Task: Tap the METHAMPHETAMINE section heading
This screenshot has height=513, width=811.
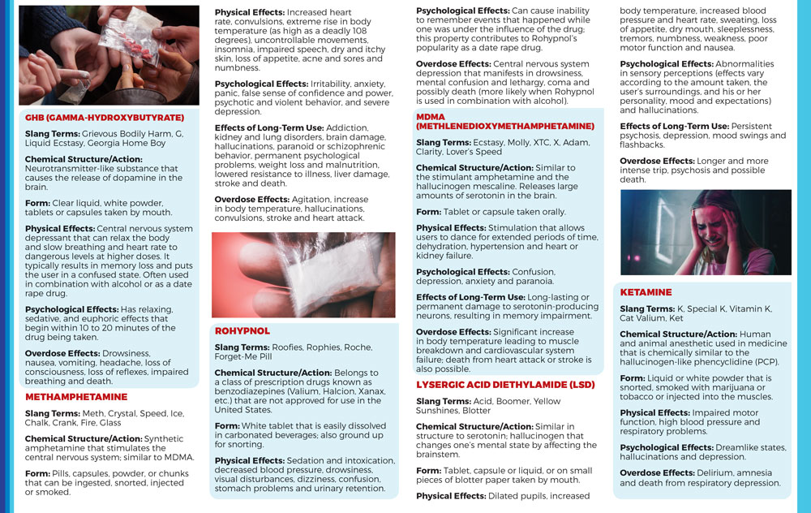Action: tap(76, 397)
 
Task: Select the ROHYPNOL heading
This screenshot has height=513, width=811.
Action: tap(242, 331)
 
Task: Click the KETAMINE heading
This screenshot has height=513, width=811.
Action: tap(646, 292)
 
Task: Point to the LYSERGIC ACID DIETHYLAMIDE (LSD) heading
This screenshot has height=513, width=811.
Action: tap(505, 384)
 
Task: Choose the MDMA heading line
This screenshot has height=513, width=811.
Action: tap(430, 117)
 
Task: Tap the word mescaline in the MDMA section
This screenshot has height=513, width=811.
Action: tap(526, 185)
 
